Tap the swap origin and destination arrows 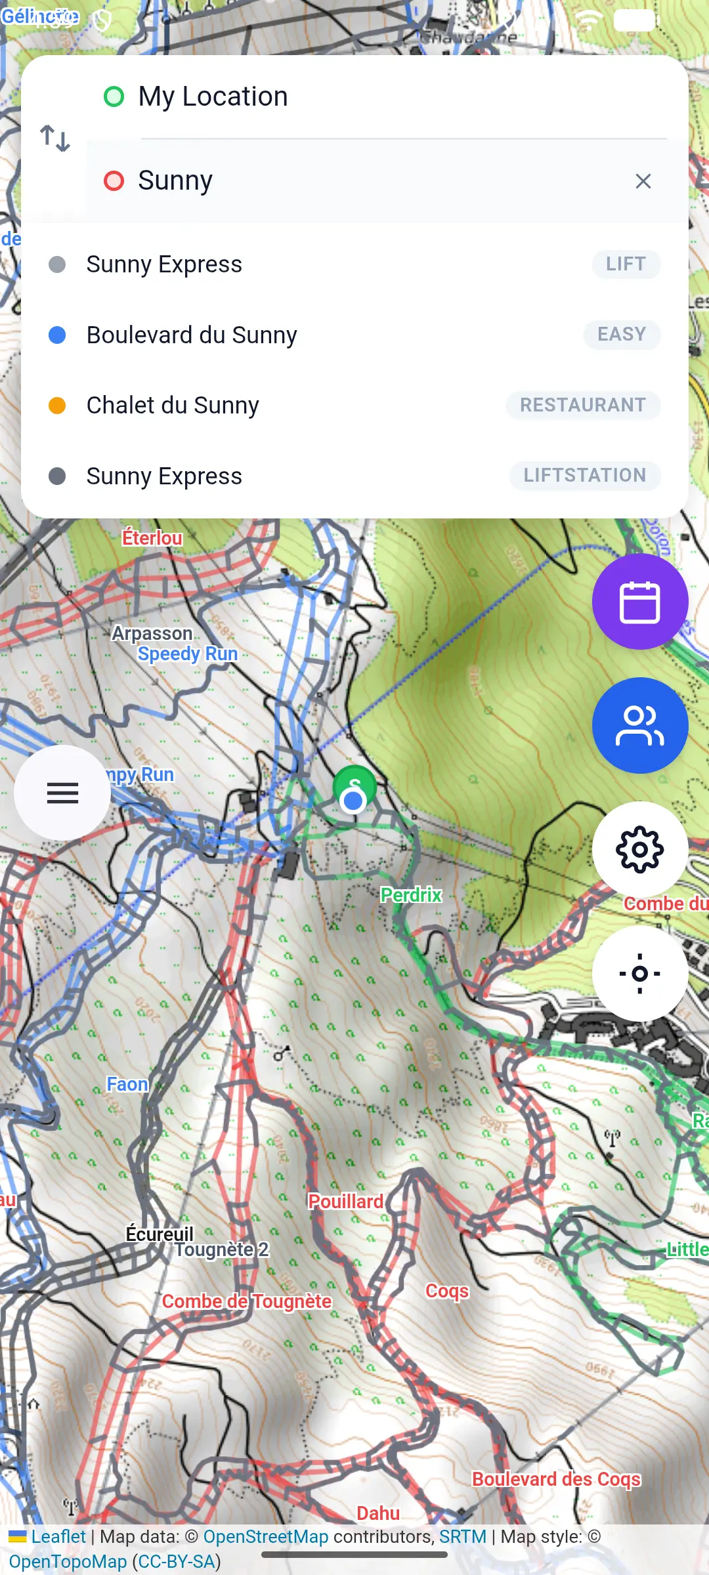pos(55,138)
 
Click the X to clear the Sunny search pos(643,181)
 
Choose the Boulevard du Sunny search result pos(192,335)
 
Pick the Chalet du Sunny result pos(173,405)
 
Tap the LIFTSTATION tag pos(584,475)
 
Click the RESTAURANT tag pos(583,405)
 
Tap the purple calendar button pos(639,601)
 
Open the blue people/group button pos(639,725)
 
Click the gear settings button pos(639,849)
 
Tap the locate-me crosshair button pos(639,973)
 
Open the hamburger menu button pos(62,793)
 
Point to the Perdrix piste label pos(411,894)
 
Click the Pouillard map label pos(346,1202)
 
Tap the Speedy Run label pos(188,654)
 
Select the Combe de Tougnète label pos(246,1301)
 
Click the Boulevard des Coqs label pos(556,1479)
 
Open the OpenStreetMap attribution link pos(265,1536)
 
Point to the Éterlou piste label pos(152,538)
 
